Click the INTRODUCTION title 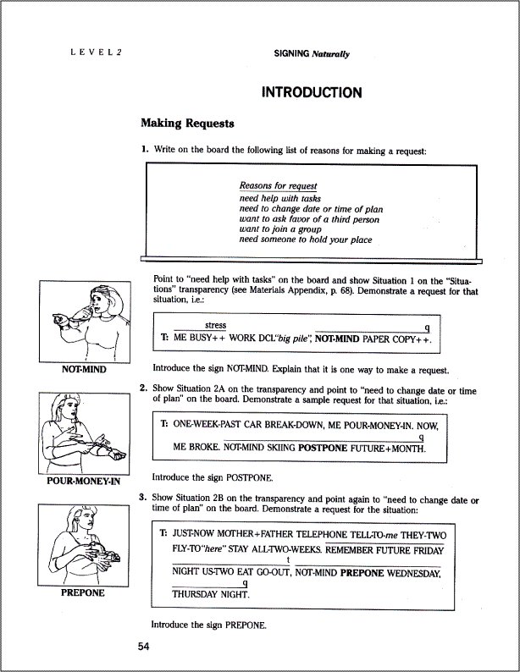pyautogui.click(x=312, y=92)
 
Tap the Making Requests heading pyautogui.click(x=186, y=124)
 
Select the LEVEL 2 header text pyautogui.click(x=97, y=52)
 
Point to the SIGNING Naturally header pyautogui.click(x=312, y=52)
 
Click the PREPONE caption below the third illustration pyautogui.click(x=82, y=592)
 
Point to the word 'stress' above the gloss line pyautogui.click(x=215, y=325)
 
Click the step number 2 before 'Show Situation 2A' pyautogui.click(x=143, y=388)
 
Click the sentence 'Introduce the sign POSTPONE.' pyautogui.click(x=210, y=476)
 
